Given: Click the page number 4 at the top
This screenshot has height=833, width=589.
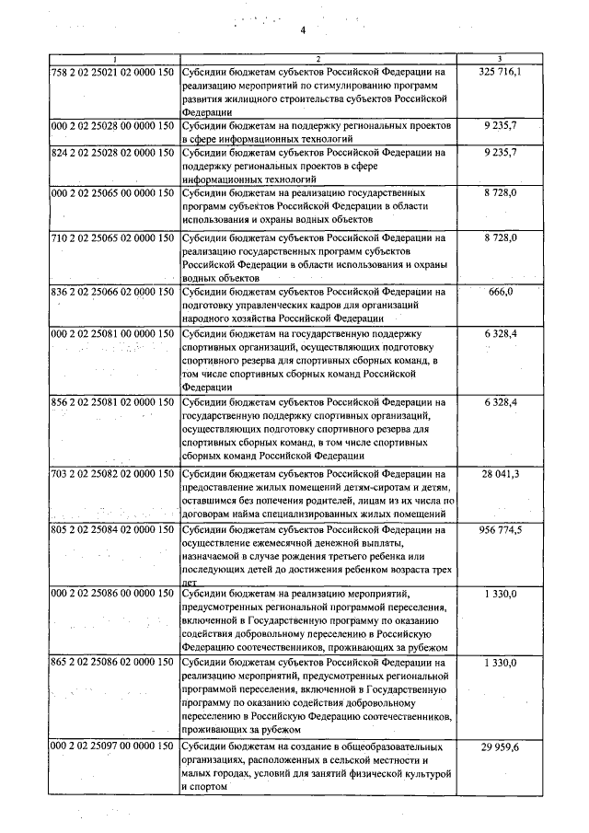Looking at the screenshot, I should [301, 31].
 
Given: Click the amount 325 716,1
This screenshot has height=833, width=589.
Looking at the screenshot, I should [500, 71].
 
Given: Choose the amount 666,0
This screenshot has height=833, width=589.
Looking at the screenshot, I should [500, 292].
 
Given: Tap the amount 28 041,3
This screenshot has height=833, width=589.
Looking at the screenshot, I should [500, 472].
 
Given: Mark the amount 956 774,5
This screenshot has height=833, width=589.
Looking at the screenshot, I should [500, 531].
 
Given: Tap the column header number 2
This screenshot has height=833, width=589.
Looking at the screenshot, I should [317, 59].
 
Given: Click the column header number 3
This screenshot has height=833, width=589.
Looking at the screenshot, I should [500, 59].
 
